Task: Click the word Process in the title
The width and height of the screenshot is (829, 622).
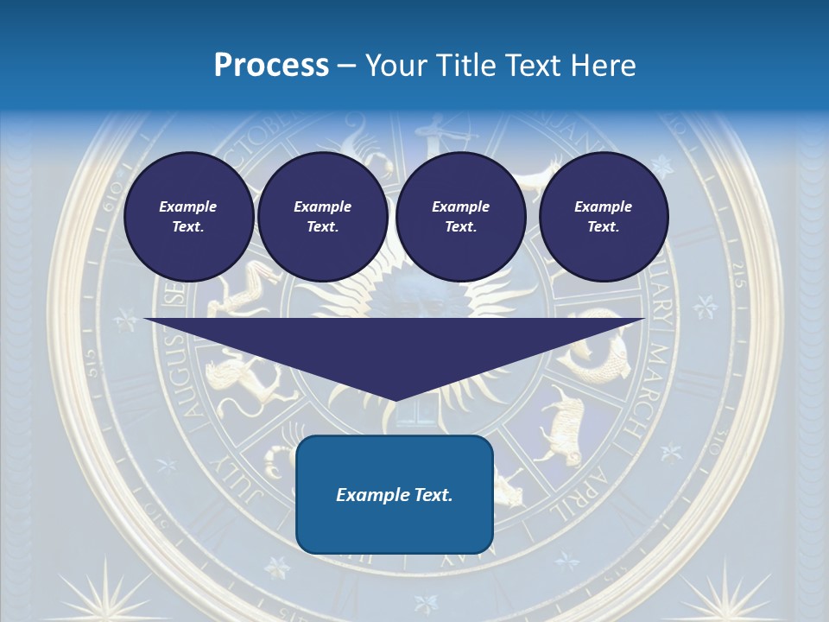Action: pyautogui.click(x=271, y=66)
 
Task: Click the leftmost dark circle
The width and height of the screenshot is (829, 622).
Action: pyautogui.click(x=188, y=216)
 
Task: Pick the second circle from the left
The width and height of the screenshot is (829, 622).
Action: pyautogui.click(x=322, y=216)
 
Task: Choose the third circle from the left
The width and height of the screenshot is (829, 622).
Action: pyautogui.click(x=460, y=216)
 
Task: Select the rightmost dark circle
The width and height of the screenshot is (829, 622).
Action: pyautogui.click(x=603, y=216)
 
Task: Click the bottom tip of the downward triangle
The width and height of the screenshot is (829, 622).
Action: pyautogui.click(x=396, y=399)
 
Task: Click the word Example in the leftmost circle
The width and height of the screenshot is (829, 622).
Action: pyautogui.click(x=188, y=206)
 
